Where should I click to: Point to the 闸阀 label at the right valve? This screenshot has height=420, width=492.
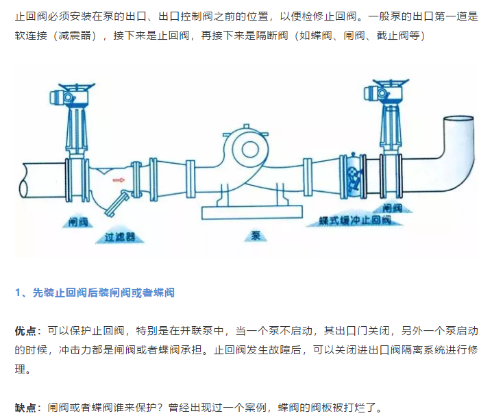(392, 207)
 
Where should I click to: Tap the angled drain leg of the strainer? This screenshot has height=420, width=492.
(119, 203)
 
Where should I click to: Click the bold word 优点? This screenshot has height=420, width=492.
(27, 331)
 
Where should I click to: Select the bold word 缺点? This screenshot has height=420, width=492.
(27, 408)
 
